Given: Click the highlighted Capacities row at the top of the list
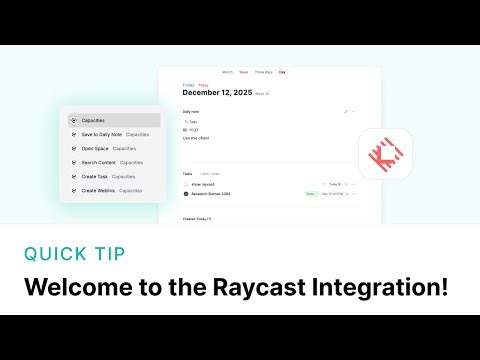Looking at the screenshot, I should (x=114, y=120).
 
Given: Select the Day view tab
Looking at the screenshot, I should (x=282, y=72).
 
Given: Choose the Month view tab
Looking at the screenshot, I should (x=227, y=72).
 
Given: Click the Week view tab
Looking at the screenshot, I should (x=244, y=72).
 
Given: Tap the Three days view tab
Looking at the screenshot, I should (x=263, y=72).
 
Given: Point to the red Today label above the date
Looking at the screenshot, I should (x=203, y=85).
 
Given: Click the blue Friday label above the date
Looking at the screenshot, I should (x=188, y=85).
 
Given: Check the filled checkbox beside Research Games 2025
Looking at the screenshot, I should (x=186, y=194).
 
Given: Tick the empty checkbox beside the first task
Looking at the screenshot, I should (x=186, y=185).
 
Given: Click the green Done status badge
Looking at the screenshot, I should (x=311, y=194).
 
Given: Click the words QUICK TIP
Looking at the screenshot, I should (x=76, y=253).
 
